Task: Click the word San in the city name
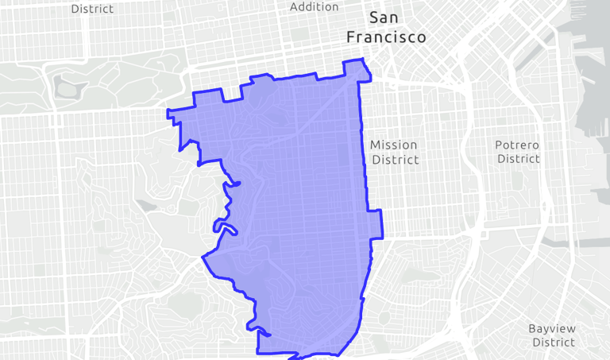pyautogui.click(x=386, y=18)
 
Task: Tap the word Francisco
pyautogui.click(x=386, y=37)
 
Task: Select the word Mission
pyautogui.click(x=393, y=145)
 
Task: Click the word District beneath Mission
pyautogui.click(x=395, y=160)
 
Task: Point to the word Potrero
pyautogui.click(x=517, y=145)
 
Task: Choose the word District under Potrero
pyautogui.click(x=518, y=159)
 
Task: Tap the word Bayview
pyautogui.click(x=553, y=328)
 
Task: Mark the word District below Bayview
pyautogui.click(x=553, y=343)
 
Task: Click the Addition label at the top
pyautogui.click(x=314, y=7)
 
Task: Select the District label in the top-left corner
pyautogui.click(x=92, y=9)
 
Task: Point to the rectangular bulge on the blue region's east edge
pyautogui.click(x=376, y=224)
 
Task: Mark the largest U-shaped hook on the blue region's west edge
pyautogui.click(x=225, y=229)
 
